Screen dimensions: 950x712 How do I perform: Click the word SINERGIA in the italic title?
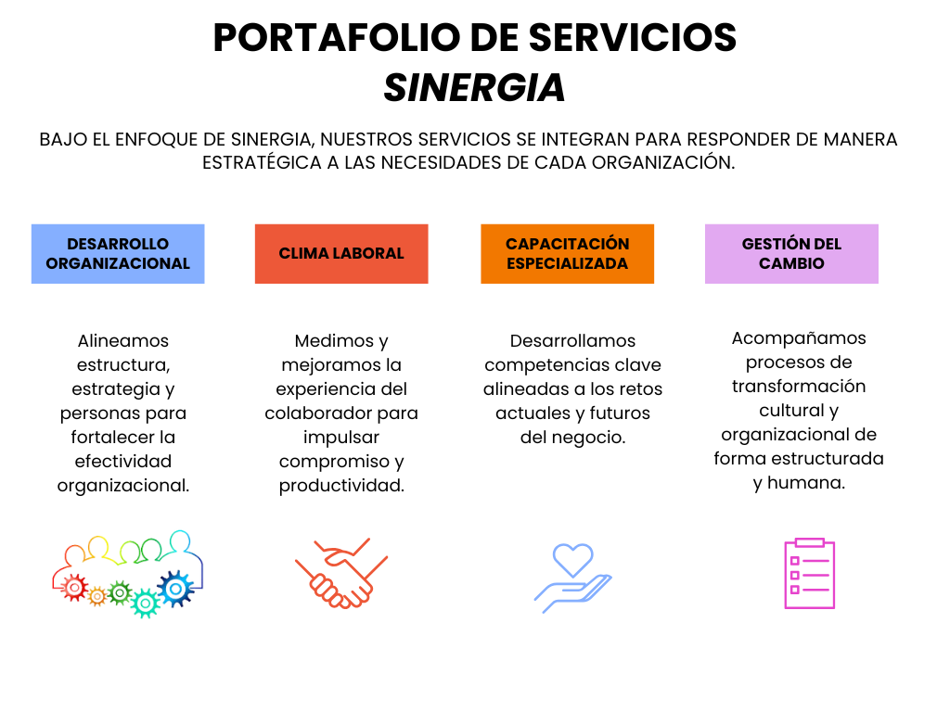point(474,88)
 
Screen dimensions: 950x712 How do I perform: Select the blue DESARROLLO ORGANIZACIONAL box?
point(118,254)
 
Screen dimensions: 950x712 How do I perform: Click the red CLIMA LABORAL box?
point(341,254)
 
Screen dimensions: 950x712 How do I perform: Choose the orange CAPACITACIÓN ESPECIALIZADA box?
point(568,254)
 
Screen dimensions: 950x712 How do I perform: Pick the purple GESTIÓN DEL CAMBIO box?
point(792,254)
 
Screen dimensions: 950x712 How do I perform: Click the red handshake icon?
point(341,573)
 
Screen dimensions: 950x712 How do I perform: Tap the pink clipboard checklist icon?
point(809,573)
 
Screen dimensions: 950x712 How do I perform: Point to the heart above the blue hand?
point(573,559)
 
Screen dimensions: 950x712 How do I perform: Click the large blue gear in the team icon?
point(175,588)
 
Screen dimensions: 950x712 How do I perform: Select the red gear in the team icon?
point(74,587)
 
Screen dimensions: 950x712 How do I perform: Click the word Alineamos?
point(123,341)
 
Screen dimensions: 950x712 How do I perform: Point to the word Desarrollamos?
point(573,341)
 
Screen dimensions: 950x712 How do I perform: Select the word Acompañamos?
point(799,338)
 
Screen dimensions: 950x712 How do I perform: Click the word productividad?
point(341,486)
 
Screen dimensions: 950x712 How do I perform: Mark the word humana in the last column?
point(806,482)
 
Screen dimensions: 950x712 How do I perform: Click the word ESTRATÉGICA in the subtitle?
point(262,163)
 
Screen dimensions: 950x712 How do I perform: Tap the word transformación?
point(799,387)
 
